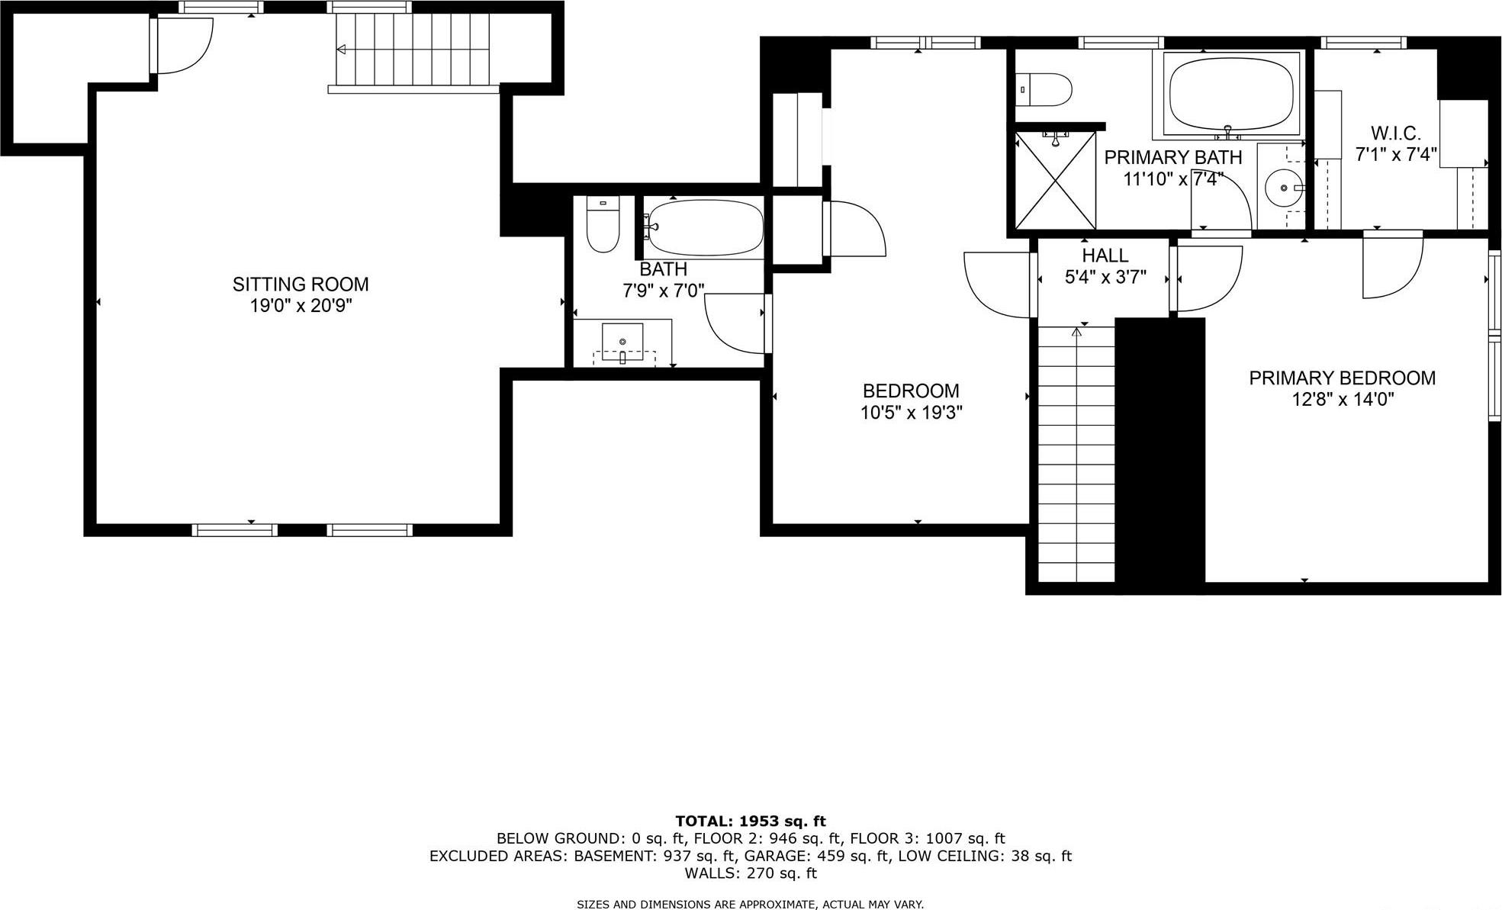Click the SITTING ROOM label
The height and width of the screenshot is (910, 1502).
pyautogui.click(x=300, y=285)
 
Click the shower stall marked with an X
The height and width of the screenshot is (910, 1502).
pyautogui.click(x=1055, y=180)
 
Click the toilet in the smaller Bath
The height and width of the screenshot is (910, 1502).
pyautogui.click(x=603, y=224)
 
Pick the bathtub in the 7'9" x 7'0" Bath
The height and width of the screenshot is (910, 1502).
pyautogui.click(x=705, y=227)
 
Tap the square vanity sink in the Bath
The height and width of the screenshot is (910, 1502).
pyautogui.click(x=622, y=341)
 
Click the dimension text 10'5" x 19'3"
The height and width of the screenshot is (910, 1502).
pyautogui.click(x=911, y=413)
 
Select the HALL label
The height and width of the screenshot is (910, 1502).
pyautogui.click(x=1105, y=256)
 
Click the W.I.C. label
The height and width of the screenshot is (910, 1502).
pyautogui.click(x=1395, y=133)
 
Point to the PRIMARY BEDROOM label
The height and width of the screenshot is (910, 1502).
pyautogui.click(x=1342, y=378)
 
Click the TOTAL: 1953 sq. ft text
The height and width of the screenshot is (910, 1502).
pyautogui.click(x=750, y=822)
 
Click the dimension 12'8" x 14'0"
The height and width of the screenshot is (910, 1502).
pyautogui.click(x=1343, y=400)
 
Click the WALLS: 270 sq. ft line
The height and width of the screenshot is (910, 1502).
pyautogui.click(x=750, y=873)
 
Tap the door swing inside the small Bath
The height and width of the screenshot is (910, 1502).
pyautogui.click(x=734, y=324)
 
